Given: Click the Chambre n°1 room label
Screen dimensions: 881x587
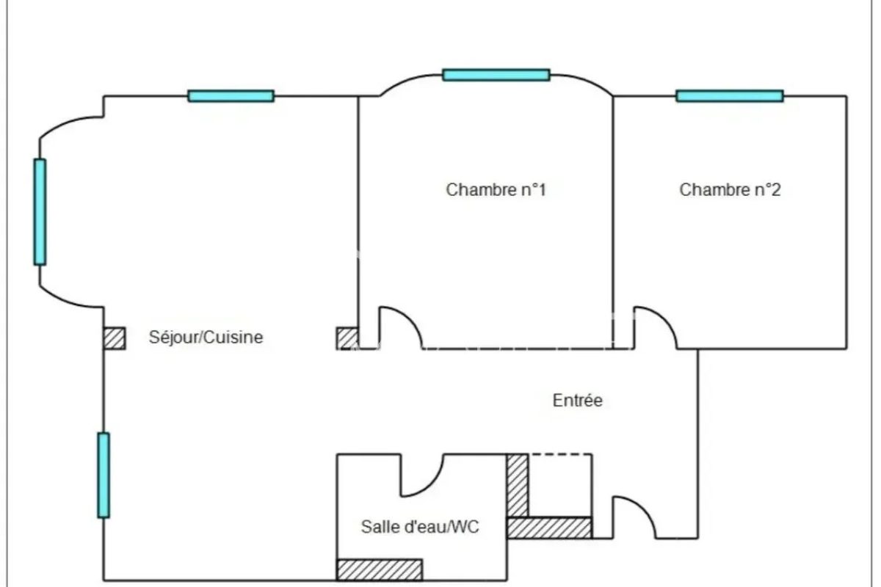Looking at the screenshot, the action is [x=496, y=190].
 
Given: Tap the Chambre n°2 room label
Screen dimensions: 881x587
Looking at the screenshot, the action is [x=730, y=190].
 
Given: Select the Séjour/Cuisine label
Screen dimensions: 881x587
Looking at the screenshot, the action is [x=206, y=338].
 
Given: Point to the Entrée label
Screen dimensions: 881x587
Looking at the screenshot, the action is [x=577, y=400].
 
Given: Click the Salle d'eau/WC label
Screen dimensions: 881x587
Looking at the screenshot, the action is [x=420, y=527].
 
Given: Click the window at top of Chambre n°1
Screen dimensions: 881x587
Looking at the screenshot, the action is [x=496, y=75].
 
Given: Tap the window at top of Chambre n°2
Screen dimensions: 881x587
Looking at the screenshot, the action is [x=730, y=96].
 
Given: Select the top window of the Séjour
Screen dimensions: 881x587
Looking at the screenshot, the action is [x=231, y=96].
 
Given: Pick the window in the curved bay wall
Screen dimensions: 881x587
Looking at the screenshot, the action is [x=40, y=212].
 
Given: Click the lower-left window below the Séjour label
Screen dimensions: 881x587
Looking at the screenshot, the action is [x=104, y=475].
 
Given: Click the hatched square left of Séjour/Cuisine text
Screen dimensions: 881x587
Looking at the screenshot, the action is [x=115, y=338].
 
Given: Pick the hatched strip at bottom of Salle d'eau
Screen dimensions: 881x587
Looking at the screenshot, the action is [x=380, y=569].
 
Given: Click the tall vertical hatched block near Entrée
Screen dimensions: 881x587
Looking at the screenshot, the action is [x=518, y=486].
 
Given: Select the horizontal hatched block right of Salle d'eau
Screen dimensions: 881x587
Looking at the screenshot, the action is [x=549, y=528].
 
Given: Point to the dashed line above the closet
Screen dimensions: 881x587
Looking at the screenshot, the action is [x=560, y=454].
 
